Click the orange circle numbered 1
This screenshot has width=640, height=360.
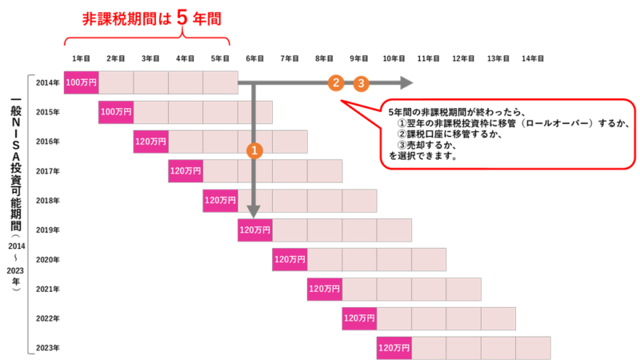tap(254, 150)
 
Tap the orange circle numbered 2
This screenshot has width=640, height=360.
tap(336, 83)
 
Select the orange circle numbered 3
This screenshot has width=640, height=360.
tap(361, 84)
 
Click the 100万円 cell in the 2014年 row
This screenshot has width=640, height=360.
tap(82, 82)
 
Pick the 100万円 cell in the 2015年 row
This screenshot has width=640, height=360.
tap(116, 112)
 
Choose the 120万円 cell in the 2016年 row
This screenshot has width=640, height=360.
tap(151, 142)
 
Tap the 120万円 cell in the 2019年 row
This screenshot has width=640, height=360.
tap(255, 230)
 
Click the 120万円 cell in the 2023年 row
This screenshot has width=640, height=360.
tap(394, 348)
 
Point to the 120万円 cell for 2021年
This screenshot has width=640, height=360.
tap(325, 289)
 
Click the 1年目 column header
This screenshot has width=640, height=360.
tap(82, 58)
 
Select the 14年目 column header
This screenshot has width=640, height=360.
tap(533, 58)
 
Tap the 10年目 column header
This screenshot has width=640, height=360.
tap(394, 58)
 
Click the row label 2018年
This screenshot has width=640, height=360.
tap(48, 201)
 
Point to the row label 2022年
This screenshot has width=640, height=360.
tap(48, 318)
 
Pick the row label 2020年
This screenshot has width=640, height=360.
tap(48, 259)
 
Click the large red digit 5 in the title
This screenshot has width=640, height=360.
tap(182, 18)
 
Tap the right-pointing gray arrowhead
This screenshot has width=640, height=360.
tap(406, 83)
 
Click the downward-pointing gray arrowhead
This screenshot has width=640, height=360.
tap(254, 211)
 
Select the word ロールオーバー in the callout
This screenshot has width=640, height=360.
tap(558, 123)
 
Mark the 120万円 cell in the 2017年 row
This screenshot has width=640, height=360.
tap(186, 171)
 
